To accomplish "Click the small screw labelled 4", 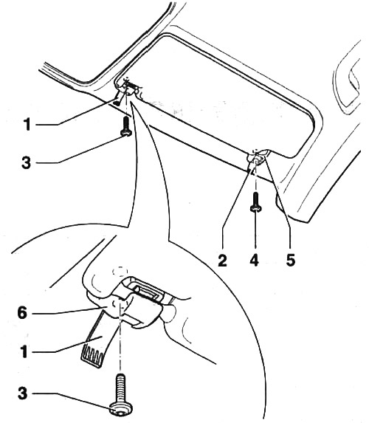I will pyautogui.click(x=255, y=201).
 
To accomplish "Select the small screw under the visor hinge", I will pyautogui.click(x=125, y=127).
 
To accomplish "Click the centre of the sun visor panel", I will pyautogui.click(x=221, y=103).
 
